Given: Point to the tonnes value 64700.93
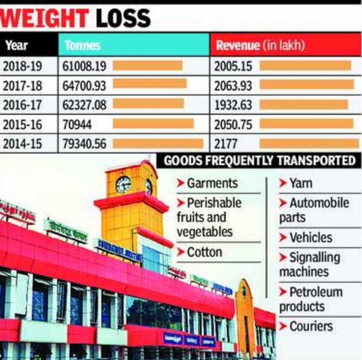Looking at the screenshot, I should (84, 85).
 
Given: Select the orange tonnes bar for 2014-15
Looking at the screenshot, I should (158, 144).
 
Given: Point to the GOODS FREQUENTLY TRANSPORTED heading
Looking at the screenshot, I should (259, 160).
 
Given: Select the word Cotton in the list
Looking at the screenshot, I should (206, 252).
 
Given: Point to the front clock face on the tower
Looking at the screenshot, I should (123, 185).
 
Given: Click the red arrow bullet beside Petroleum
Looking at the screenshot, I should (283, 292).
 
